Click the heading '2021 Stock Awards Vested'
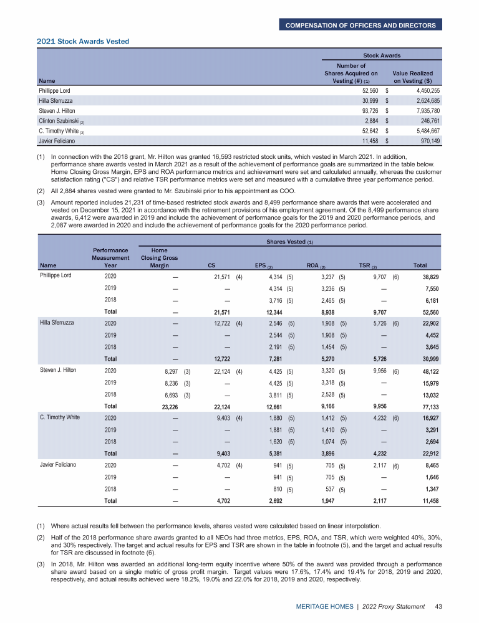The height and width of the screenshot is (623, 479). tap(82, 42)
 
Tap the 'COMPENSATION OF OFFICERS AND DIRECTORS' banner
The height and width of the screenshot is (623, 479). tap(361, 25)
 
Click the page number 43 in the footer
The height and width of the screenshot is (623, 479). tap(438, 606)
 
